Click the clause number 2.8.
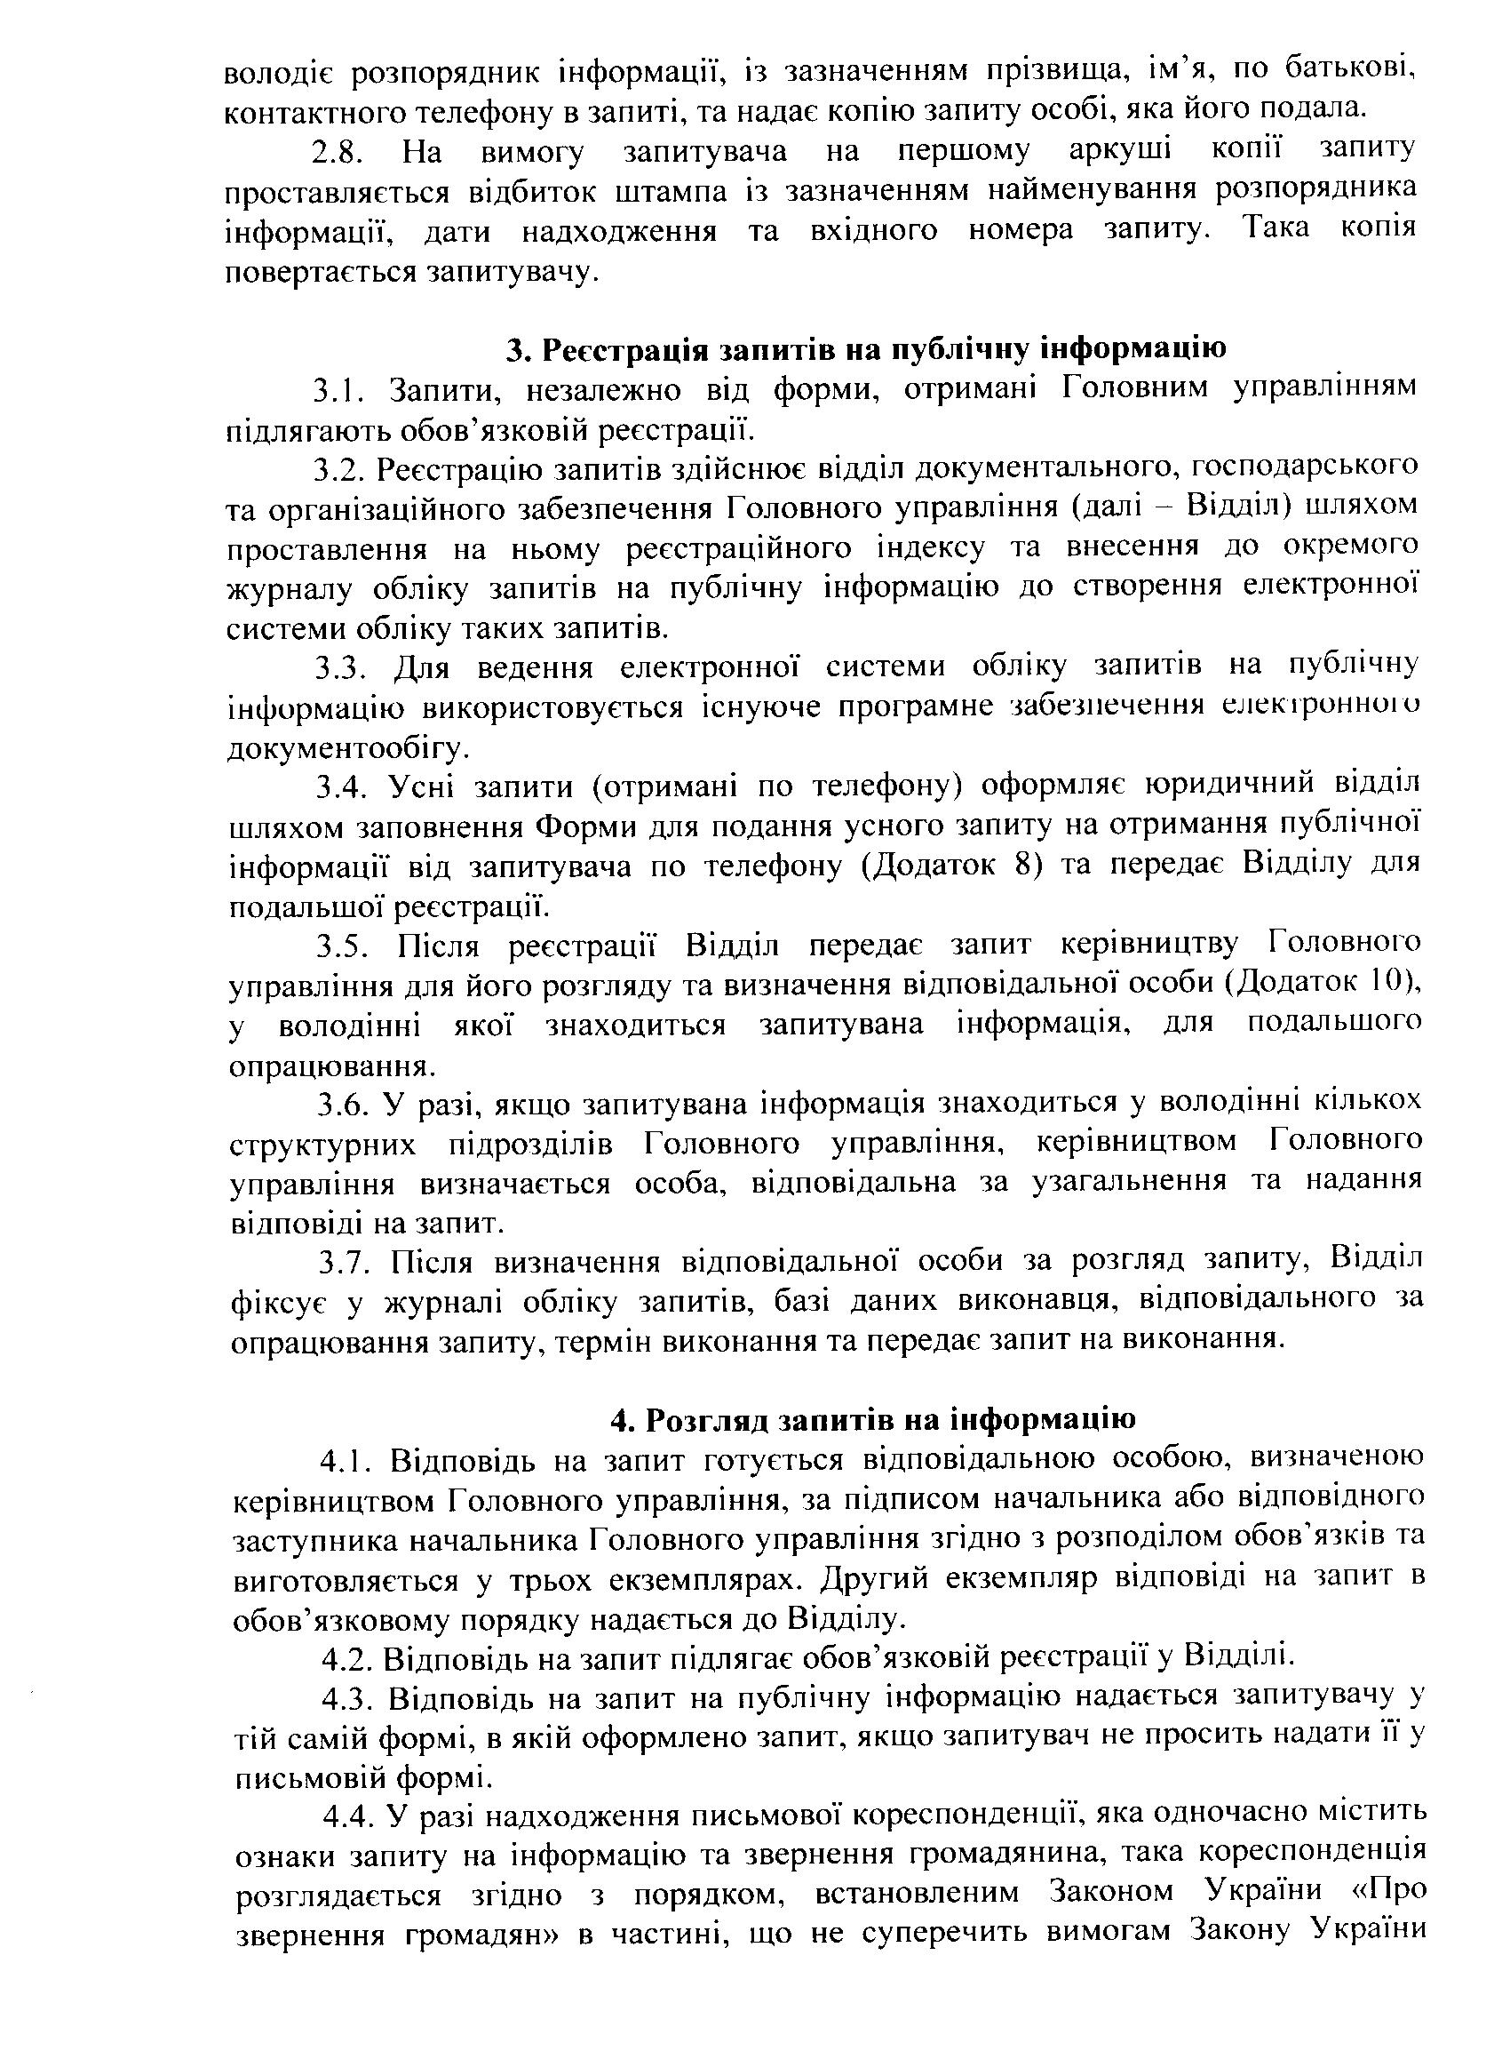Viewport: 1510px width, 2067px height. [339, 152]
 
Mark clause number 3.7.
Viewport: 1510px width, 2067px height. [342, 1265]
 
